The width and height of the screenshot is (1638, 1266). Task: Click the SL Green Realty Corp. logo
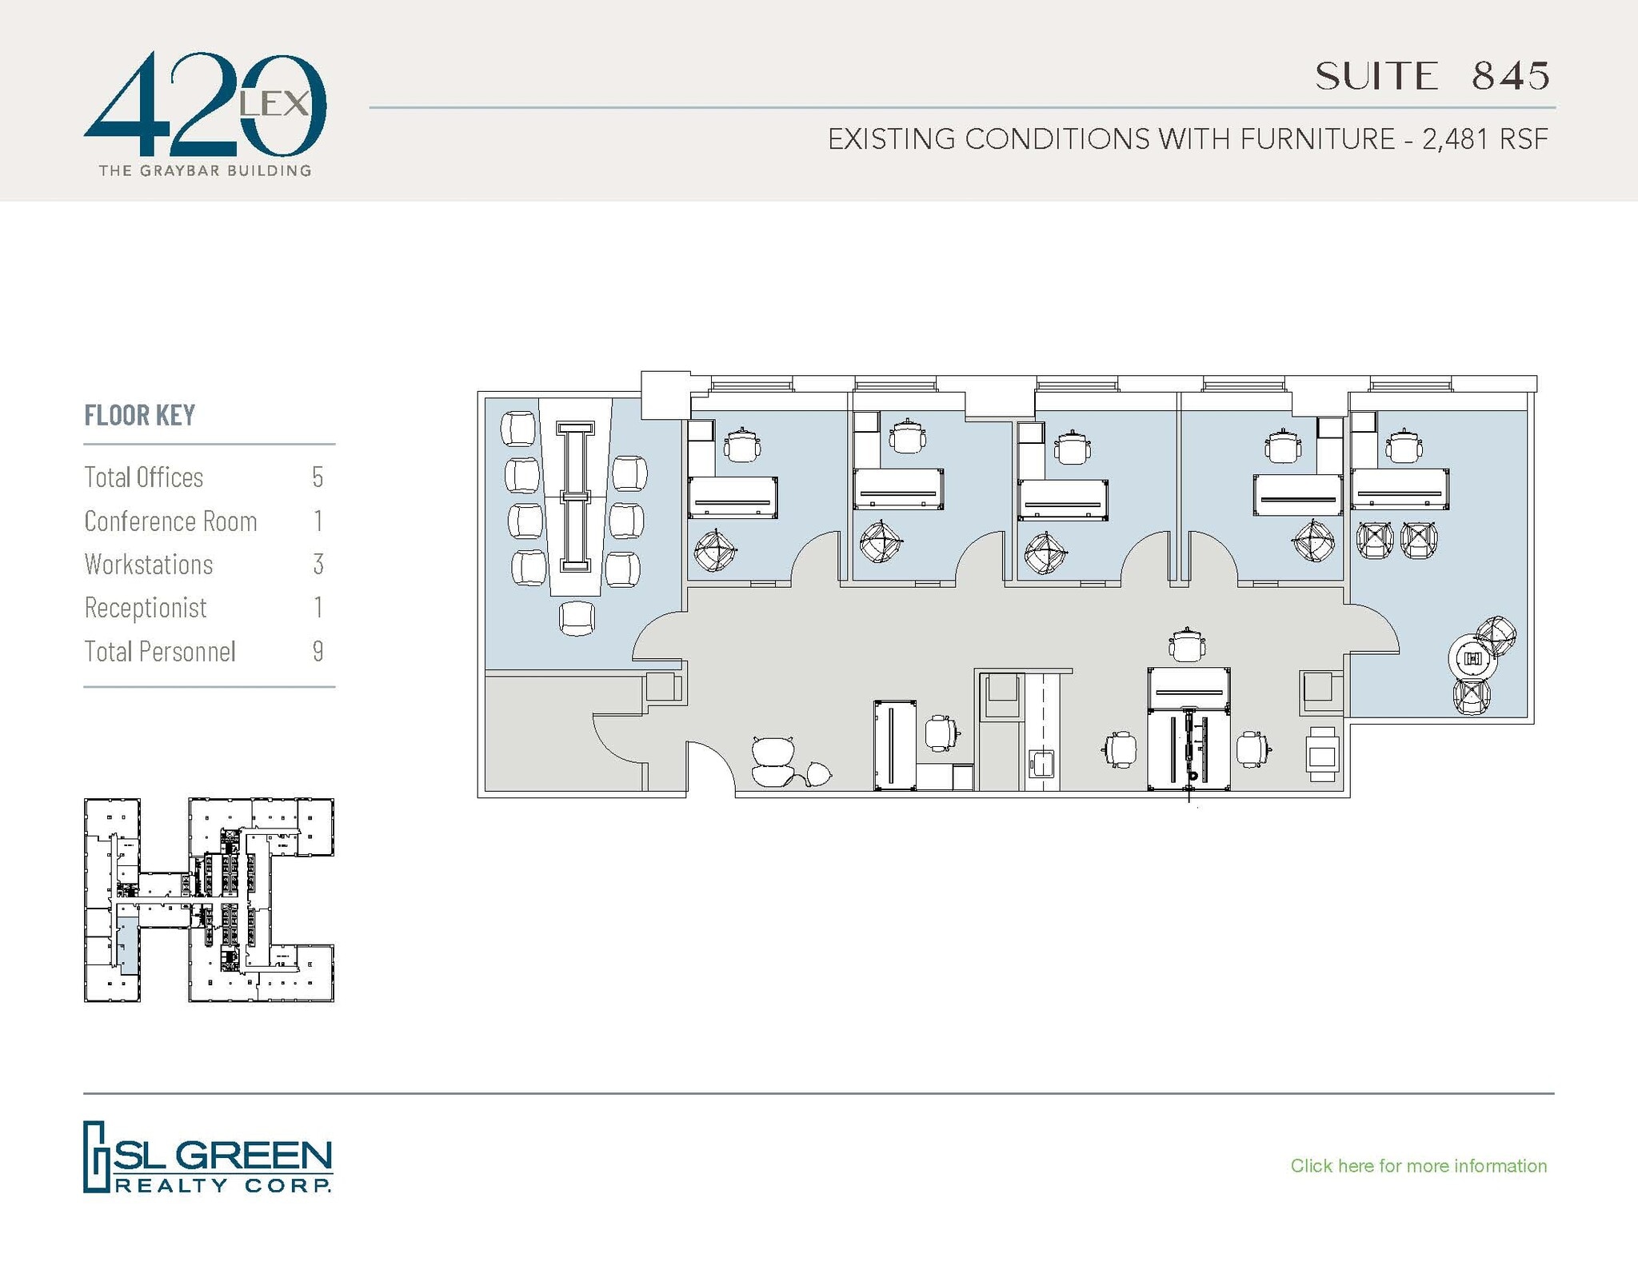[208, 1156]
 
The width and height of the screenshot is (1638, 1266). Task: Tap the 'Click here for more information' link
[1418, 1166]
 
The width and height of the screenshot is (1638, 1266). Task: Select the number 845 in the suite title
[1511, 76]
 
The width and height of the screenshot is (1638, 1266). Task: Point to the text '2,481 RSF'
[1484, 139]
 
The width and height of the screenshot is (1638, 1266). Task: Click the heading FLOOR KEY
[140, 415]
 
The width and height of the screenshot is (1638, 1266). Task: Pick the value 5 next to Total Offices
[318, 477]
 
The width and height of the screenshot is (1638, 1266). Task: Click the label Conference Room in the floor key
[170, 521]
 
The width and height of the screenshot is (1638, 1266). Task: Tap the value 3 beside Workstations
[318, 565]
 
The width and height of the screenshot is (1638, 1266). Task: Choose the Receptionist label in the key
[146, 608]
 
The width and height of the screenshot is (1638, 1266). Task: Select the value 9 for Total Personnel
[318, 652]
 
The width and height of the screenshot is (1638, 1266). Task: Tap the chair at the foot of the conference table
[577, 618]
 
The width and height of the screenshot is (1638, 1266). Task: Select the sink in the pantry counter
[1041, 763]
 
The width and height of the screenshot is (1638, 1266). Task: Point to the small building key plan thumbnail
[208, 900]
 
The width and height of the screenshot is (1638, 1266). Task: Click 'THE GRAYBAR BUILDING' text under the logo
[205, 170]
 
